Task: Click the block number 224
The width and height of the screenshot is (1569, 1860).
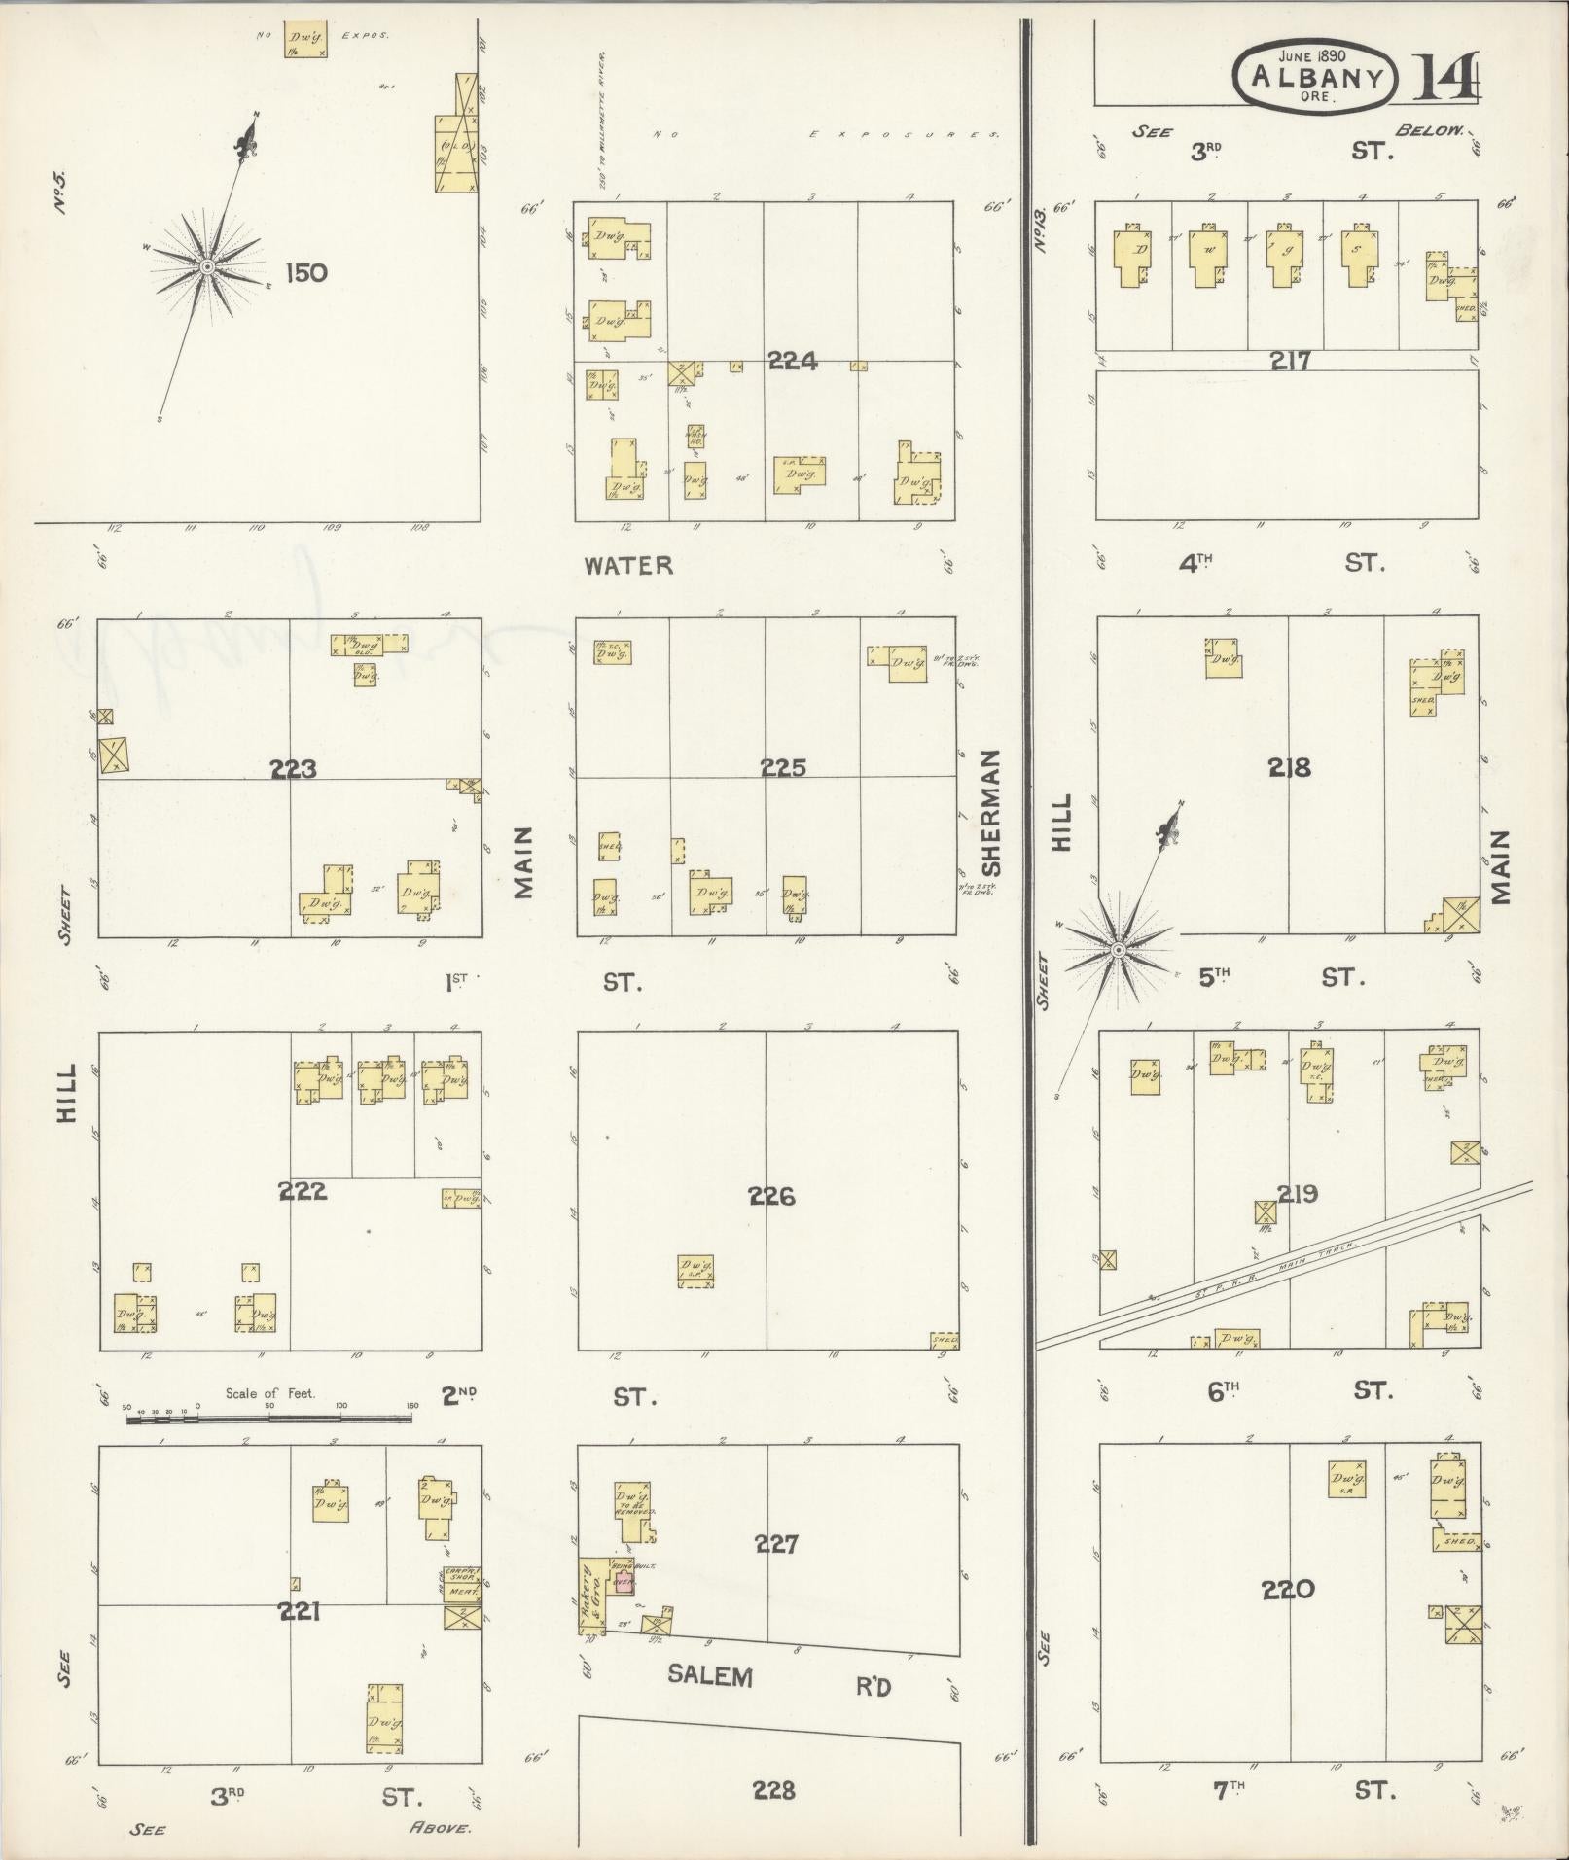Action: [792, 362]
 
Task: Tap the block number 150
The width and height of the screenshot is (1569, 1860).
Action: [305, 273]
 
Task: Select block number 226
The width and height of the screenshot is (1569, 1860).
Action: [771, 1196]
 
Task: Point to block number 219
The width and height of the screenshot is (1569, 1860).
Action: [1297, 1194]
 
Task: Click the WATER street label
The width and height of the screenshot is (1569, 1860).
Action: [628, 565]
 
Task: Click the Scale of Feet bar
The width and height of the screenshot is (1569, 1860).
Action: [268, 1419]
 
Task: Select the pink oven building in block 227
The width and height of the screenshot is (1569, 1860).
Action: [624, 1582]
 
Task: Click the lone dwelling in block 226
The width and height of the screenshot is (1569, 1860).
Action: [695, 1271]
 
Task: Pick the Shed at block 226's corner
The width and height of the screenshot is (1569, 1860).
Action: [944, 1340]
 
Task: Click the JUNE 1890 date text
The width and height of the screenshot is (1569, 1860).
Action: [1313, 56]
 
